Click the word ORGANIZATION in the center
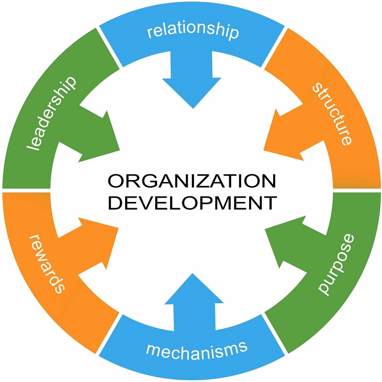[x=191, y=182]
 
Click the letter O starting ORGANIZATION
[x=115, y=182]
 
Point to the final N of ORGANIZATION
[x=268, y=182]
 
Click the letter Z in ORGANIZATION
[x=197, y=182]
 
